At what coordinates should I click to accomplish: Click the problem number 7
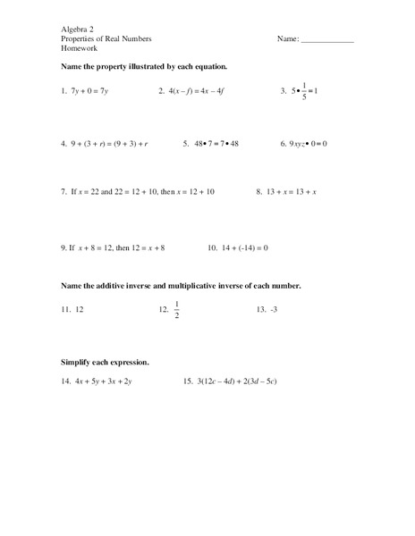click(x=64, y=192)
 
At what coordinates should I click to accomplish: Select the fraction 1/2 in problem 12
click(x=177, y=310)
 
